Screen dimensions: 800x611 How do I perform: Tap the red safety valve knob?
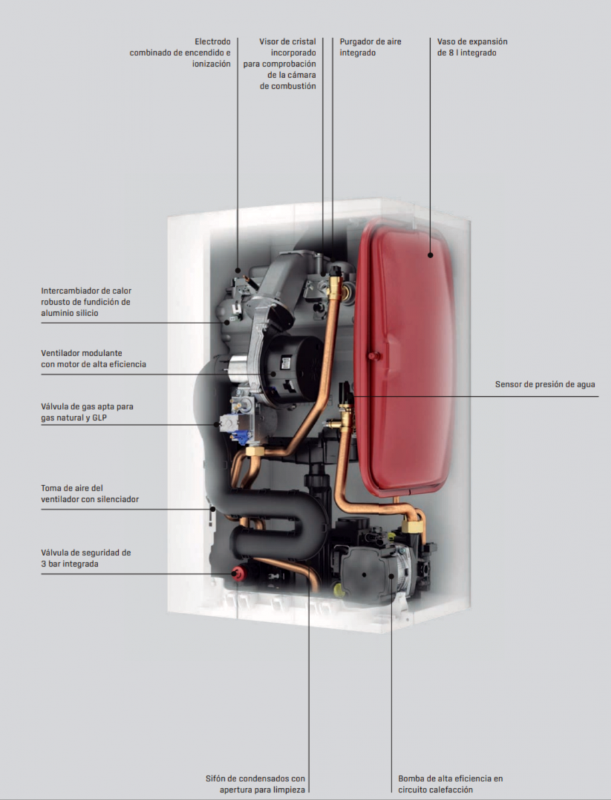point(235,573)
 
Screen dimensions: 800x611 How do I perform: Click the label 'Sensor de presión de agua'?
point(544,384)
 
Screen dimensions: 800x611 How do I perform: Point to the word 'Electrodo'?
point(213,41)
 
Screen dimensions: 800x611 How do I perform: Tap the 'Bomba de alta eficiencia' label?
point(450,784)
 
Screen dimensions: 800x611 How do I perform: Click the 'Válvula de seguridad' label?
point(86,558)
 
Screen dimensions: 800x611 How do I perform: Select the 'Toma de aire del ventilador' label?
point(90,493)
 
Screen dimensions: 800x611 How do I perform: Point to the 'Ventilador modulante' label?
point(93,358)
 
